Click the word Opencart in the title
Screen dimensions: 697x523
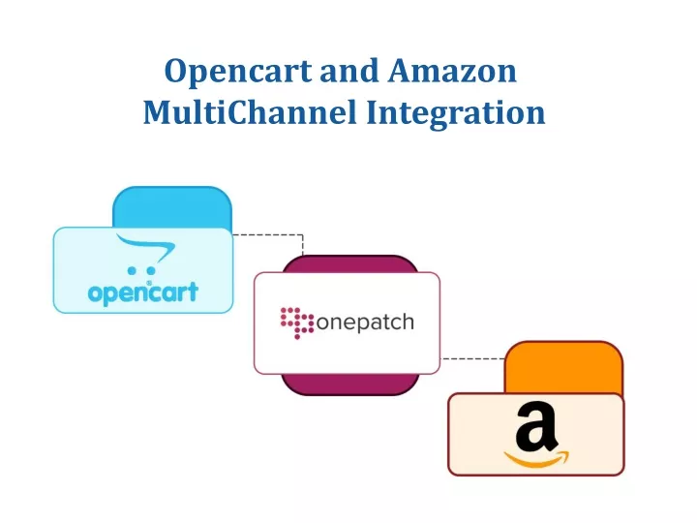pos(238,72)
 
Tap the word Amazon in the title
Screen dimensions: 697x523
pos(452,71)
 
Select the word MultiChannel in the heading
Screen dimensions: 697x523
pos(251,112)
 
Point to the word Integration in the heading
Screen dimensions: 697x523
pos(456,114)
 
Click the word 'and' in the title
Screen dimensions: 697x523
pos(349,71)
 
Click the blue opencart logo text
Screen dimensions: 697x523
pos(143,292)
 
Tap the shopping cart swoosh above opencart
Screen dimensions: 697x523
pos(147,248)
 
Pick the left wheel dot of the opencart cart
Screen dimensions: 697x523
pos(132,270)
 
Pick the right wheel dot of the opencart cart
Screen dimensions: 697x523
pos(151,270)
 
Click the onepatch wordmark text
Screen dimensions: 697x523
pos(365,323)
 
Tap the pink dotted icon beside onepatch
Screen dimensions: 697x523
pos(297,323)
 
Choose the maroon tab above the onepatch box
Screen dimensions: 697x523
pos(349,264)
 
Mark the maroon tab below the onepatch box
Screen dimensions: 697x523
pos(349,385)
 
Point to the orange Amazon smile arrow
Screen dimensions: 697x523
pos(536,460)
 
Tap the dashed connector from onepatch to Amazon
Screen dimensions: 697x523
pos(472,358)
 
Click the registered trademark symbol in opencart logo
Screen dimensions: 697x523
pos(149,283)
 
